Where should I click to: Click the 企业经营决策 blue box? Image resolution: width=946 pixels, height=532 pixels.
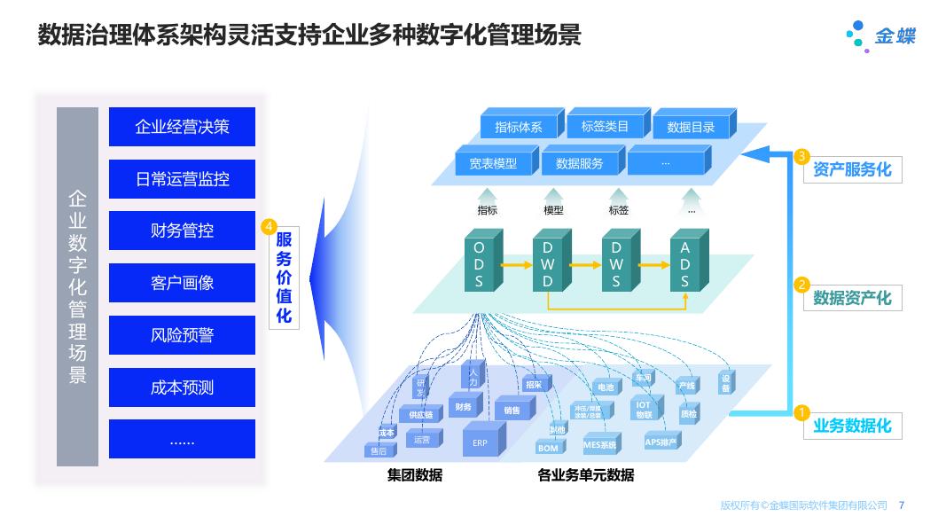coord(182,127)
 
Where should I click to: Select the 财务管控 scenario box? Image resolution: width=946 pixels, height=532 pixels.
coord(182,231)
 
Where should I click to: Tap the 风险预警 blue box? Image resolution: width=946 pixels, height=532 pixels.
coord(182,335)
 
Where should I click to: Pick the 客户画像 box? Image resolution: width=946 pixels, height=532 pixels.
coord(182,283)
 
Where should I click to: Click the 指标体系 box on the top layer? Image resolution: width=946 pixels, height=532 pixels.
coord(518,127)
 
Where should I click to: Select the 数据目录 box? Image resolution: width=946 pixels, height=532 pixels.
coord(691,127)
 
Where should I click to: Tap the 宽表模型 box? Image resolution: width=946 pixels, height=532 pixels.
coord(492,163)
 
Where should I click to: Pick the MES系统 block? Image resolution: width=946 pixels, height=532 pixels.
coord(600,444)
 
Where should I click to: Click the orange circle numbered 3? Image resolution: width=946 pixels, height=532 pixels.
coord(801,157)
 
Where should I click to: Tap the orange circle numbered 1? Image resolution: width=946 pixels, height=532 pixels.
coord(801,412)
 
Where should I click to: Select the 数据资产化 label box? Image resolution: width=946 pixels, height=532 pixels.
coord(851,298)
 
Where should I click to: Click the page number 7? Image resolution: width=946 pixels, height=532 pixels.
coord(902,505)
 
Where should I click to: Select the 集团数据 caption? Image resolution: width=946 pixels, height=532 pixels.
coord(414,475)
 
